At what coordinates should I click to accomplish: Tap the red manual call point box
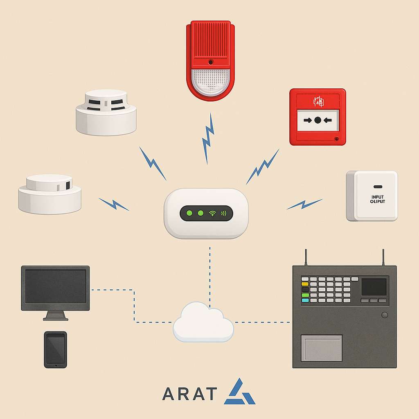(x=318, y=117)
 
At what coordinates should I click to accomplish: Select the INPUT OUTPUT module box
(x=372, y=196)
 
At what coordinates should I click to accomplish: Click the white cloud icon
(x=203, y=322)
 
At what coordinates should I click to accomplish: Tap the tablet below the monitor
(x=55, y=349)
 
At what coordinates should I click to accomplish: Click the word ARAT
(x=189, y=394)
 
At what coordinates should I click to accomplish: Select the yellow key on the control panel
(x=305, y=284)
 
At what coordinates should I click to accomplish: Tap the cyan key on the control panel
(x=305, y=300)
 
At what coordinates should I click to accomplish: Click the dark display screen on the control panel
(x=374, y=287)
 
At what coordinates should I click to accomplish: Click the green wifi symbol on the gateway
(x=212, y=213)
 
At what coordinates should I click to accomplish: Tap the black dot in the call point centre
(x=318, y=120)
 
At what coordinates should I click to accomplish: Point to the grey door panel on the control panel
(x=322, y=348)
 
